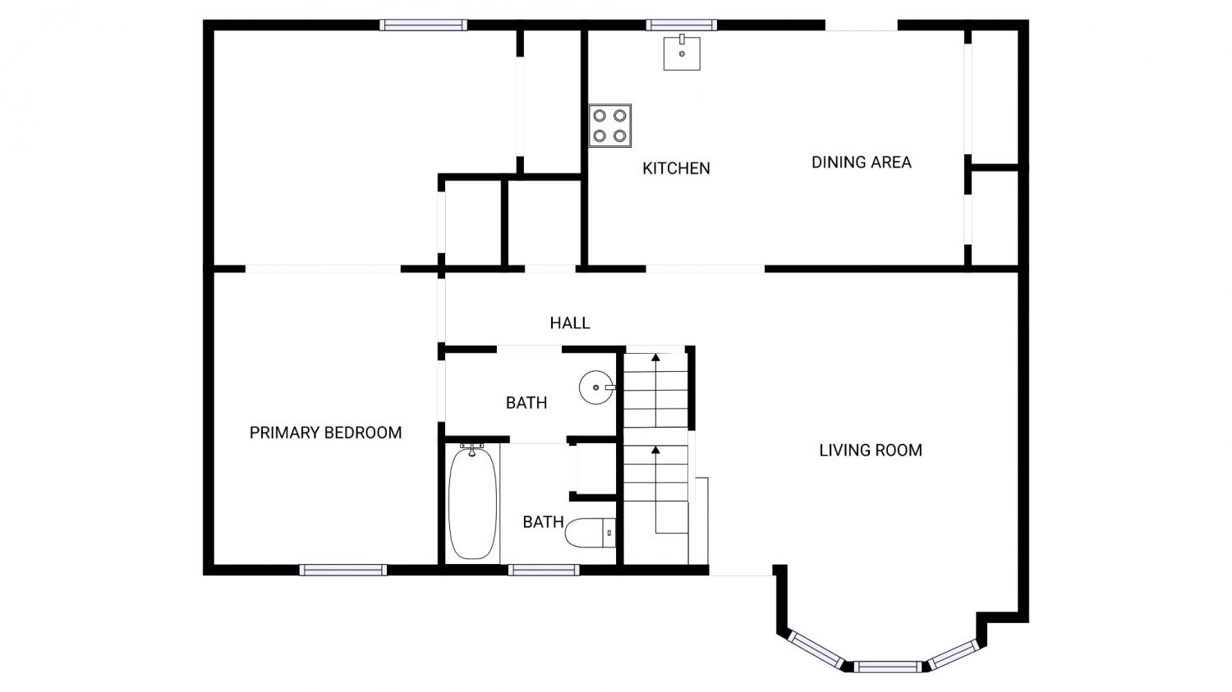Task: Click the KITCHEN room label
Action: [676, 168]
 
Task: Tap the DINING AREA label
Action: [862, 163]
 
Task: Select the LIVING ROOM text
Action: [871, 450]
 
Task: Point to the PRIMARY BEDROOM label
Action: [325, 433]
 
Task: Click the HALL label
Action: [570, 323]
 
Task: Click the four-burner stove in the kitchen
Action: [610, 126]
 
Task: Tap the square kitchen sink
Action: [682, 53]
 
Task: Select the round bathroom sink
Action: [597, 387]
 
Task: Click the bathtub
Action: [472, 502]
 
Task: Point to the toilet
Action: [591, 533]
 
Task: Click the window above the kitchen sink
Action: [682, 25]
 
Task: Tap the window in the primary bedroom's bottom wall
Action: [343, 570]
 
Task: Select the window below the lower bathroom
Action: [544, 570]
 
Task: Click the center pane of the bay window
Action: [887, 667]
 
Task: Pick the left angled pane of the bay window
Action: [816, 650]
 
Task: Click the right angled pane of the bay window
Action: [954, 654]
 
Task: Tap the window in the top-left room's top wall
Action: [424, 25]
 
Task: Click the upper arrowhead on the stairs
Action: [655, 357]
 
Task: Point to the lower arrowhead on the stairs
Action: [655, 450]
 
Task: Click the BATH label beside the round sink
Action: [526, 403]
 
